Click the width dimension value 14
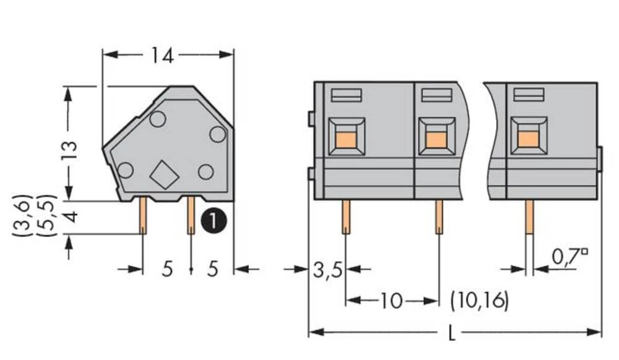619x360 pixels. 162,56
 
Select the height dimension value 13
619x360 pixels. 69,150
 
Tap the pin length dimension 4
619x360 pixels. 69,217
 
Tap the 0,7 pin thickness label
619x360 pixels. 564,256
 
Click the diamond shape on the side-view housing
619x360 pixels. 164,174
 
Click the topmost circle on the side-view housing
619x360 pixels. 157,119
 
